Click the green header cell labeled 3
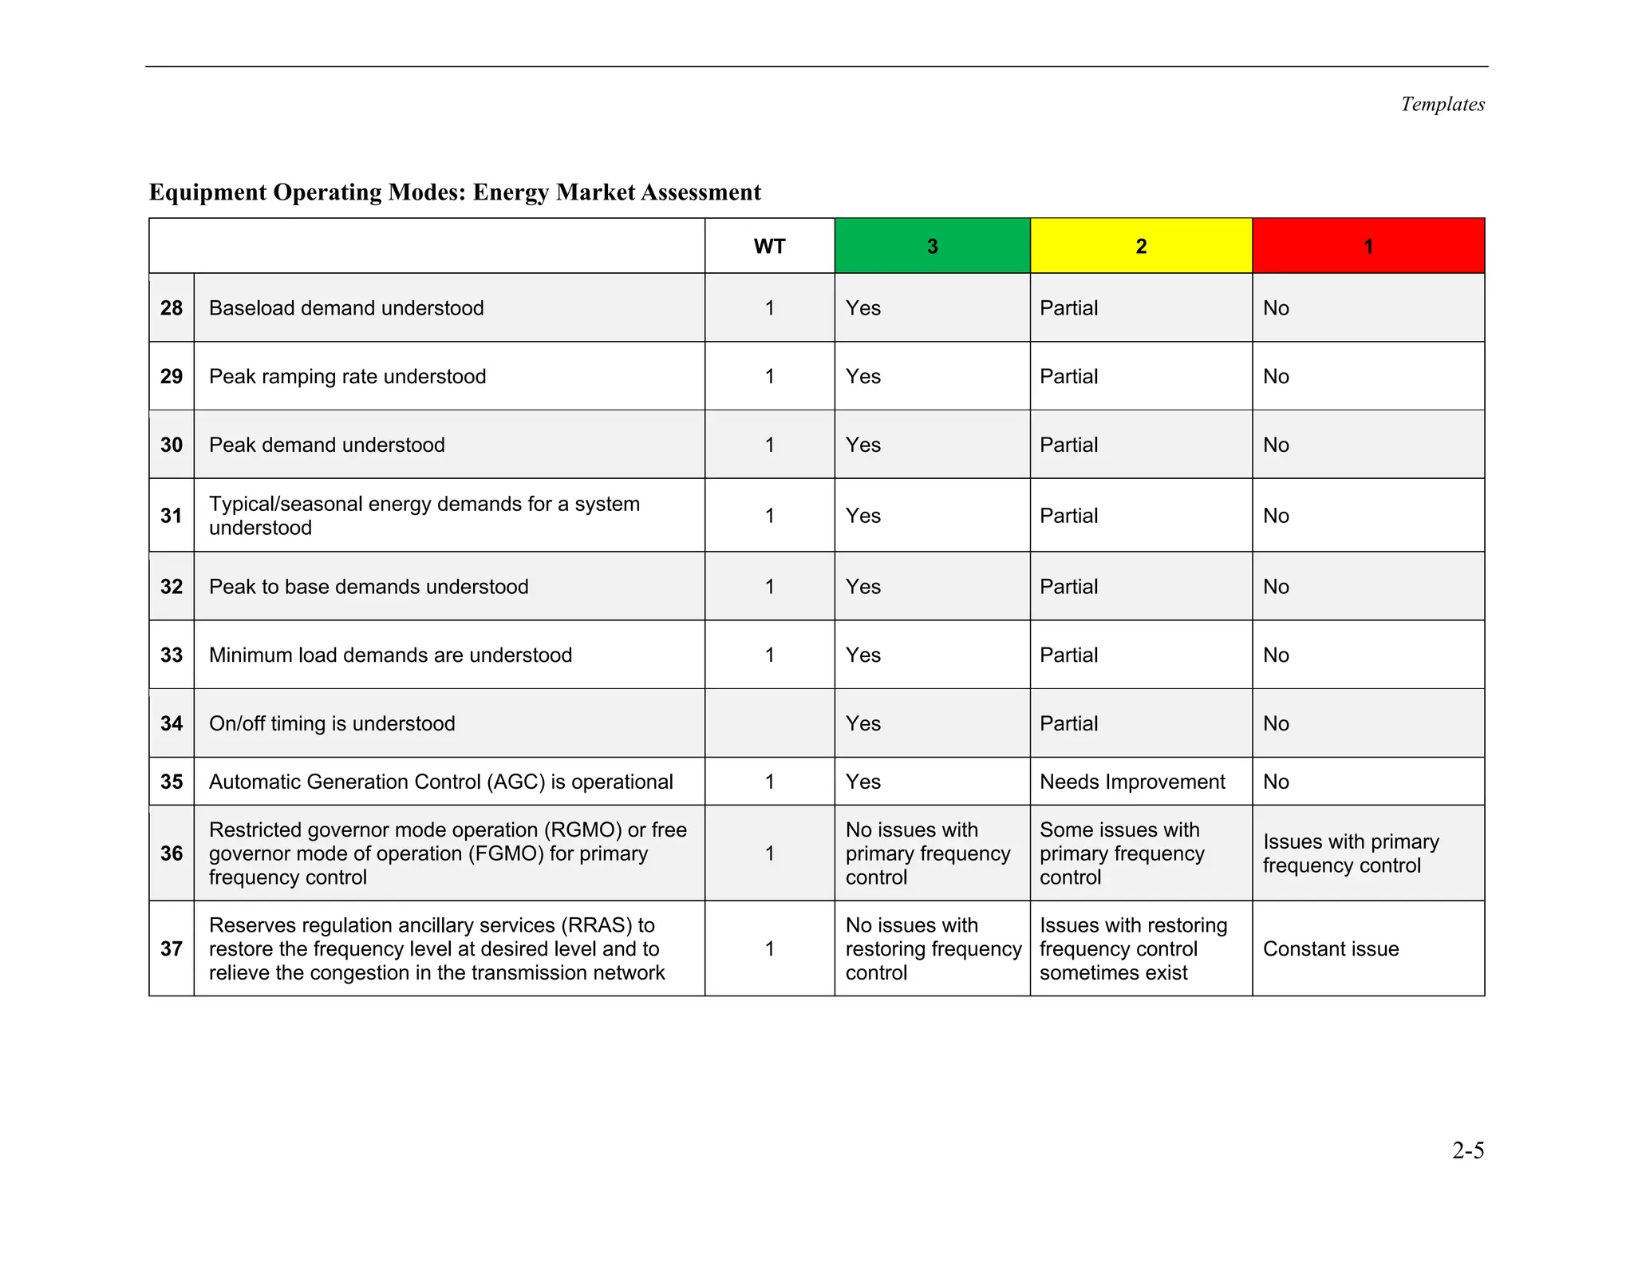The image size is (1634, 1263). pos(932,246)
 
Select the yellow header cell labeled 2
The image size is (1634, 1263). pos(1141,246)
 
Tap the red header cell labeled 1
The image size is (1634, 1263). pos(1368,246)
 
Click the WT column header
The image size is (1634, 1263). pos(769,246)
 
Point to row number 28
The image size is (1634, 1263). pos(172,308)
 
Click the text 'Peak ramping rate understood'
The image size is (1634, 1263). pos(347,376)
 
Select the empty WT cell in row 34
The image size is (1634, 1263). pos(769,723)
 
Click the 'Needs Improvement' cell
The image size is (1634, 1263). pos(1132,782)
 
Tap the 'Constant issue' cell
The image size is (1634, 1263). pos(1331,948)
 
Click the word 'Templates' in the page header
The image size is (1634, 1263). pos(1443,105)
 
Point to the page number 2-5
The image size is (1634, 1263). pos(1467,1150)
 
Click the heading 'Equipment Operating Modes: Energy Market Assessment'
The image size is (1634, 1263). pos(455,192)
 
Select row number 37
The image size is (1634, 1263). pos(172,948)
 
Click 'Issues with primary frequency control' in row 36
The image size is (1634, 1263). pos(1351,853)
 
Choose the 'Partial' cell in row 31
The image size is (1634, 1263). pos(1068,516)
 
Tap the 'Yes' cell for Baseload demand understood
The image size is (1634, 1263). pos(862,308)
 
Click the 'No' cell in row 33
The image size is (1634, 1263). pos(1276,655)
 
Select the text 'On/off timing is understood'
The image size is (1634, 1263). pos(332,723)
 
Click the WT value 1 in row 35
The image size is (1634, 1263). pos(769,782)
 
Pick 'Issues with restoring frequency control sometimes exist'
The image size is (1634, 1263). pos(1133,948)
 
